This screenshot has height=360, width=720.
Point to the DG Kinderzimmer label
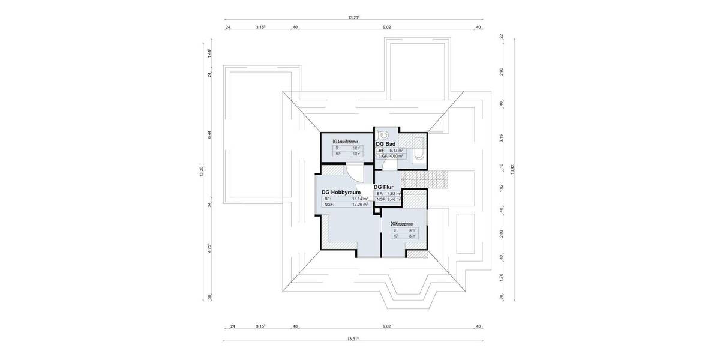point(405,223)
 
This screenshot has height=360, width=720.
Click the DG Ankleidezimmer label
point(345,140)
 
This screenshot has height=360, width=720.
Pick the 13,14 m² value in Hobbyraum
point(359,199)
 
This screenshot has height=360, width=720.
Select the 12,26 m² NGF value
point(359,205)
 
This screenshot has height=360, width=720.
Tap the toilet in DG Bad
point(385,134)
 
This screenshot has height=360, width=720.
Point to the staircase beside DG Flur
point(425,179)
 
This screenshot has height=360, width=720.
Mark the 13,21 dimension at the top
point(353,18)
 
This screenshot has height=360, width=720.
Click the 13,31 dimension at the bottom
point(353,339)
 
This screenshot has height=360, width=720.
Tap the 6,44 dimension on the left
point(210,135)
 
